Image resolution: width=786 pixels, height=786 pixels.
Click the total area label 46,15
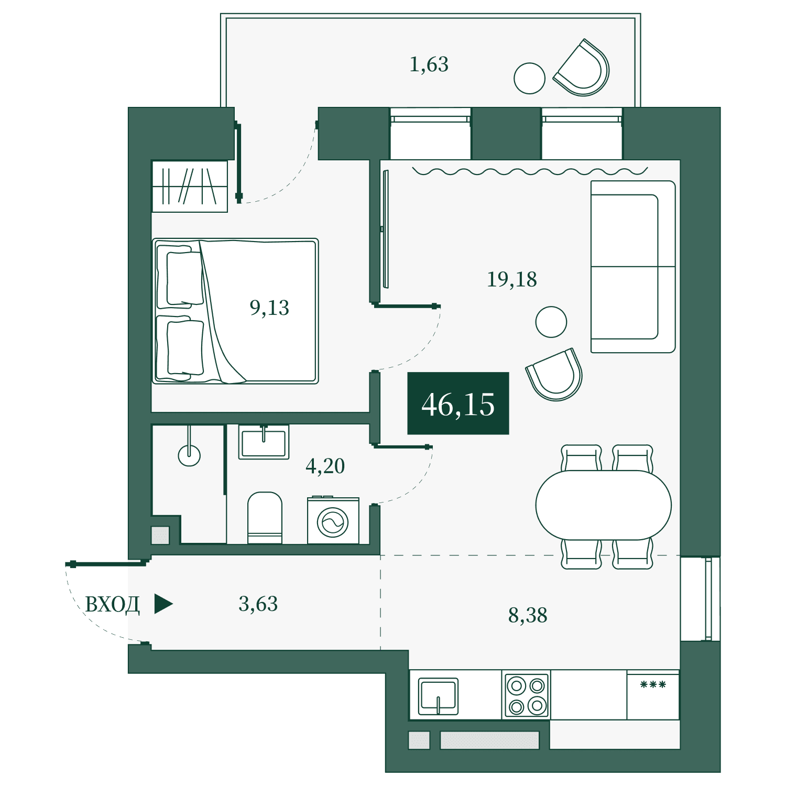click(x=458, y=404)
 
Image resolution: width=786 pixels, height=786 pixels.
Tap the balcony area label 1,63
click(x=429, y=64)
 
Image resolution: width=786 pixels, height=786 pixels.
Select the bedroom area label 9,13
click(x=269, y=308)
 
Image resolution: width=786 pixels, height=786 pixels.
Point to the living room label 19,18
click(x=512, y=279)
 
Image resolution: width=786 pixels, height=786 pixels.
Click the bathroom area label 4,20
click(x=325, y=466)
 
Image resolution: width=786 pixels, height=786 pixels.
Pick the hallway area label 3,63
click(x=258, y=604)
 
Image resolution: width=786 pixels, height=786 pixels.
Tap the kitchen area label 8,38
click(x=528, y=615)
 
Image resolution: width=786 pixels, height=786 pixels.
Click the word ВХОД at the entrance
click(x=112, y=605)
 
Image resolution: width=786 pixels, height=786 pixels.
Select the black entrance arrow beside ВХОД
click(x=163, y=604)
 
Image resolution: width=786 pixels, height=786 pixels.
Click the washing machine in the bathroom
click(x=333, y=520)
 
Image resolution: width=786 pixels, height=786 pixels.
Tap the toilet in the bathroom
click(x=265, y=518)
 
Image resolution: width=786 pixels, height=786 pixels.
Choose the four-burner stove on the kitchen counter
click(x=527, y=695)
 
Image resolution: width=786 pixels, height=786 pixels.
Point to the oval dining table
click(x=604, y=505)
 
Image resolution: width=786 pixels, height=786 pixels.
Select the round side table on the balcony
click(x=529, y=78)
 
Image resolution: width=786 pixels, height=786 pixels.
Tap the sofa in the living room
click(x=633, y=267)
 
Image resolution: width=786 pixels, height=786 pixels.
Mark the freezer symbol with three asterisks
click(x=653, y=684)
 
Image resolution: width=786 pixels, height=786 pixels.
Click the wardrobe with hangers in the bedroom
click(x=190, y=186)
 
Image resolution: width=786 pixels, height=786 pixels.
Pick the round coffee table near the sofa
click(x=551, y=322)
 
